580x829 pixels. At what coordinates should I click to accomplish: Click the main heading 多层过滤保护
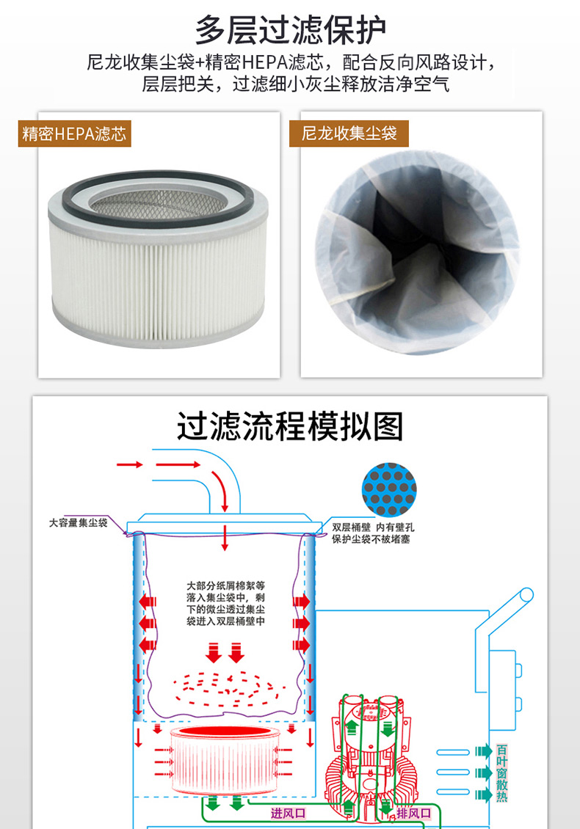tap(290, 29)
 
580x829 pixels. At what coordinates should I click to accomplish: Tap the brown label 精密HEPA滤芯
tap(75, 134)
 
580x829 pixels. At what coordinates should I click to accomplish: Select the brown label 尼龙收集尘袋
tap(349, 134)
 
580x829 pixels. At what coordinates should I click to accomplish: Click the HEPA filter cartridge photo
tap(158, 258)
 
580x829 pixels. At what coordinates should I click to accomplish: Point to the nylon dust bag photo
tap(418, 252)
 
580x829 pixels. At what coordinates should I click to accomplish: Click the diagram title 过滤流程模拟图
tap(290, 426)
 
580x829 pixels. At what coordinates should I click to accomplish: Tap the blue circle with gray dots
tap(389, 489)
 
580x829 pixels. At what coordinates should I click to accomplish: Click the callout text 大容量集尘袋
tap(78, 523)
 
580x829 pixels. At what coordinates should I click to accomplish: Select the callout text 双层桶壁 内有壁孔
tap(373, 527)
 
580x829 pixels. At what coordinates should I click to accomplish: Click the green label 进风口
tap(288, 813)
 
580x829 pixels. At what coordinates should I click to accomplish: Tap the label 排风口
tap(414, 813)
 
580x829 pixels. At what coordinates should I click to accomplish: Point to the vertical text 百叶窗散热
tap(501, 773)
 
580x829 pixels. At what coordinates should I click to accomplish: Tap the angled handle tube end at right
tap(526, 595)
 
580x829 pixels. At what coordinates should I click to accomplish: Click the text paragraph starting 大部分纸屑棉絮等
tap(225, 603)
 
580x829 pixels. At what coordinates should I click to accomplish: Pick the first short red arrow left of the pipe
tap(130, 464)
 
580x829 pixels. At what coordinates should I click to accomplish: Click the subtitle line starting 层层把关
tap(295, 84)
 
